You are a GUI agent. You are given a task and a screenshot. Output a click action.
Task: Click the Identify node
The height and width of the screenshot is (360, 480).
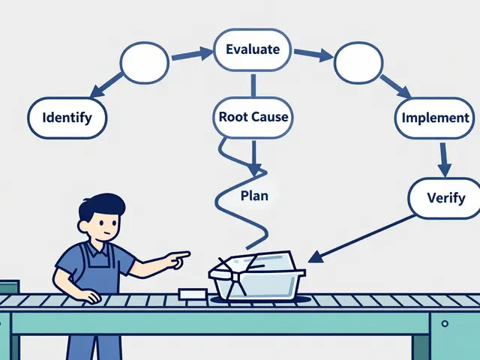67,117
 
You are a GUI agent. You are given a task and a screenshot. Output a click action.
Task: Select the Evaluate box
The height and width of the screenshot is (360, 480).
253,50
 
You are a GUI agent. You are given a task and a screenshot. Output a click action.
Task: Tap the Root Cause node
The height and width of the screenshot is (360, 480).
253,117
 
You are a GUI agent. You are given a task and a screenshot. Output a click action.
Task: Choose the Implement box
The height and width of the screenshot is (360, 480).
435,118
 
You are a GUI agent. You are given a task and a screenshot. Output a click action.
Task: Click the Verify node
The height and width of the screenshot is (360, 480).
446,199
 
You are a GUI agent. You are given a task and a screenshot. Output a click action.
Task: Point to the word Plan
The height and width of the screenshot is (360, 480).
254,195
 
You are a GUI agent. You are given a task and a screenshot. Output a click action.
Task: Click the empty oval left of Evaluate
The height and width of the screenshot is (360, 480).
145,62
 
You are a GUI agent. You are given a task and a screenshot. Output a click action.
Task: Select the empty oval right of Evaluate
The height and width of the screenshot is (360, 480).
358,64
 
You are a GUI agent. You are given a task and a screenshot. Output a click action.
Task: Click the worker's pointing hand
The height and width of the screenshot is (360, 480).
177,259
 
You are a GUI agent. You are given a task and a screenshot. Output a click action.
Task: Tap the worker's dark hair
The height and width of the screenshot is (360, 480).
103,204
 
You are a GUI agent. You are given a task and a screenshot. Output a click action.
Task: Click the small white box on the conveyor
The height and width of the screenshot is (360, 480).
193,294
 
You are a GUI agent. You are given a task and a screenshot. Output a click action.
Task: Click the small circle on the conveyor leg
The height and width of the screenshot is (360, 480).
445,324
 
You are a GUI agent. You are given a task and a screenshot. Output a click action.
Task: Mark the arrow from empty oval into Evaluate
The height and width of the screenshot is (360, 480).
191,54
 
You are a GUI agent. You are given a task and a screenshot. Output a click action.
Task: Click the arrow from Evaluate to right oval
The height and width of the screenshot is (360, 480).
311,54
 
